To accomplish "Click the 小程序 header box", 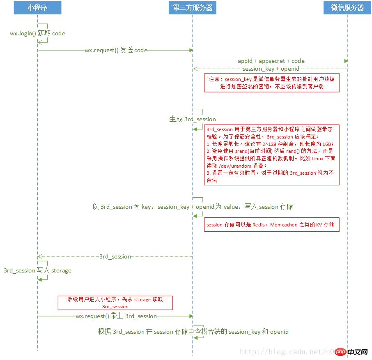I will pyautogui.click(x=37, y=7).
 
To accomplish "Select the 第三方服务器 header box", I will pyautogui.click(x=192, y=7).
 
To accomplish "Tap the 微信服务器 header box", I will pyautogui.click(x=347, y=7).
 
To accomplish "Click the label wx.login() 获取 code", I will pyautogui.click(x=37, y=33).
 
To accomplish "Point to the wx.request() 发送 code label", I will pyautogui.click(x=116, y=50).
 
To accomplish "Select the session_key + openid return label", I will pyautogui.click(x=271, y=69).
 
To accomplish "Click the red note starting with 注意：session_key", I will pyautogui.click(x=272, y=83).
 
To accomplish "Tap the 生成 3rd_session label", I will pyautogui.click(x=193, y=119).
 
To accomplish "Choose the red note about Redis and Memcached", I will pyautogui.click(x=272, y=225).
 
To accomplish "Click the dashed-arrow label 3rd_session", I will pyautogui.click(x=115, y=256).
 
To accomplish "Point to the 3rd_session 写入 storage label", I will pyautogui.click(x=37, y=270).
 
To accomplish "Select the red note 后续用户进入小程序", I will pyautogui.click(x=115, y=303).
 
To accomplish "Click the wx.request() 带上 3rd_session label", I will pyautogui.click(x=116, y=316).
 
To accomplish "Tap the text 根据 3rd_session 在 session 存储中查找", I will pyautogui.click(x=193, y=332).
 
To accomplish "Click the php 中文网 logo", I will pyautogui.click(x=351, y=352).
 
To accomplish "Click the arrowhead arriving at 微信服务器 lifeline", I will pyautogui.click(x=346, y=61).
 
